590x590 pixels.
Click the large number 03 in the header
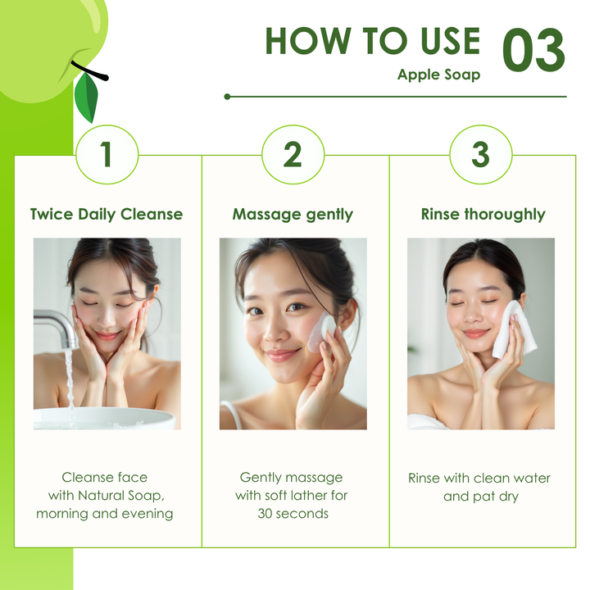[533, 50]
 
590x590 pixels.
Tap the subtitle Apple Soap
[438, 75]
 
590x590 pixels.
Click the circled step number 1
[107, 154]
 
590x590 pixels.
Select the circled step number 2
[293, 154]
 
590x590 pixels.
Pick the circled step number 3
[480, 154]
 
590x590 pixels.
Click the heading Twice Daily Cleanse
[107, 215]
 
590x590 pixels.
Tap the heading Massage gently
[293, 215]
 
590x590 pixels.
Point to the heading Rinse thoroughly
[483, 215]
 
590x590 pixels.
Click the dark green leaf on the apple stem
[87, 97]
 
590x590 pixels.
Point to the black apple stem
[88, 70]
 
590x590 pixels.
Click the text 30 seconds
[293, 514]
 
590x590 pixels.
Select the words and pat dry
[481, 497]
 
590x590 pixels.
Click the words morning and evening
[105, 514]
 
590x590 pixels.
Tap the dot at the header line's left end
[227, 97]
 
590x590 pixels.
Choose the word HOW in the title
[308, 41]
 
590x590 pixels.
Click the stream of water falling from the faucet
[69, 380]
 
